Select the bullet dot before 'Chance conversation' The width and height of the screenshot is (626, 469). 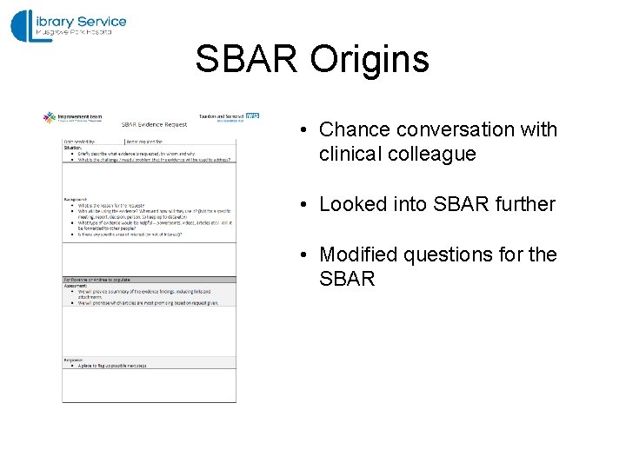(x=297, y=130)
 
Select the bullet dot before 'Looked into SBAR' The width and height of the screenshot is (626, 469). (x=297, y=205)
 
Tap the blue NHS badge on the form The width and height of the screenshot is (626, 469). (x=252, y=115)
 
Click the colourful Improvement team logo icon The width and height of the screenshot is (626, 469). (x=50, y=116)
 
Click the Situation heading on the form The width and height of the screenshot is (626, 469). (x=73, y=148)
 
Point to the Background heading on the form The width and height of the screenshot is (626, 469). (x=76, y=199)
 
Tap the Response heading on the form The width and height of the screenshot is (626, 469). (x=75, y=360)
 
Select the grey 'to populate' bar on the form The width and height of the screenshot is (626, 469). (x=148, y=280)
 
